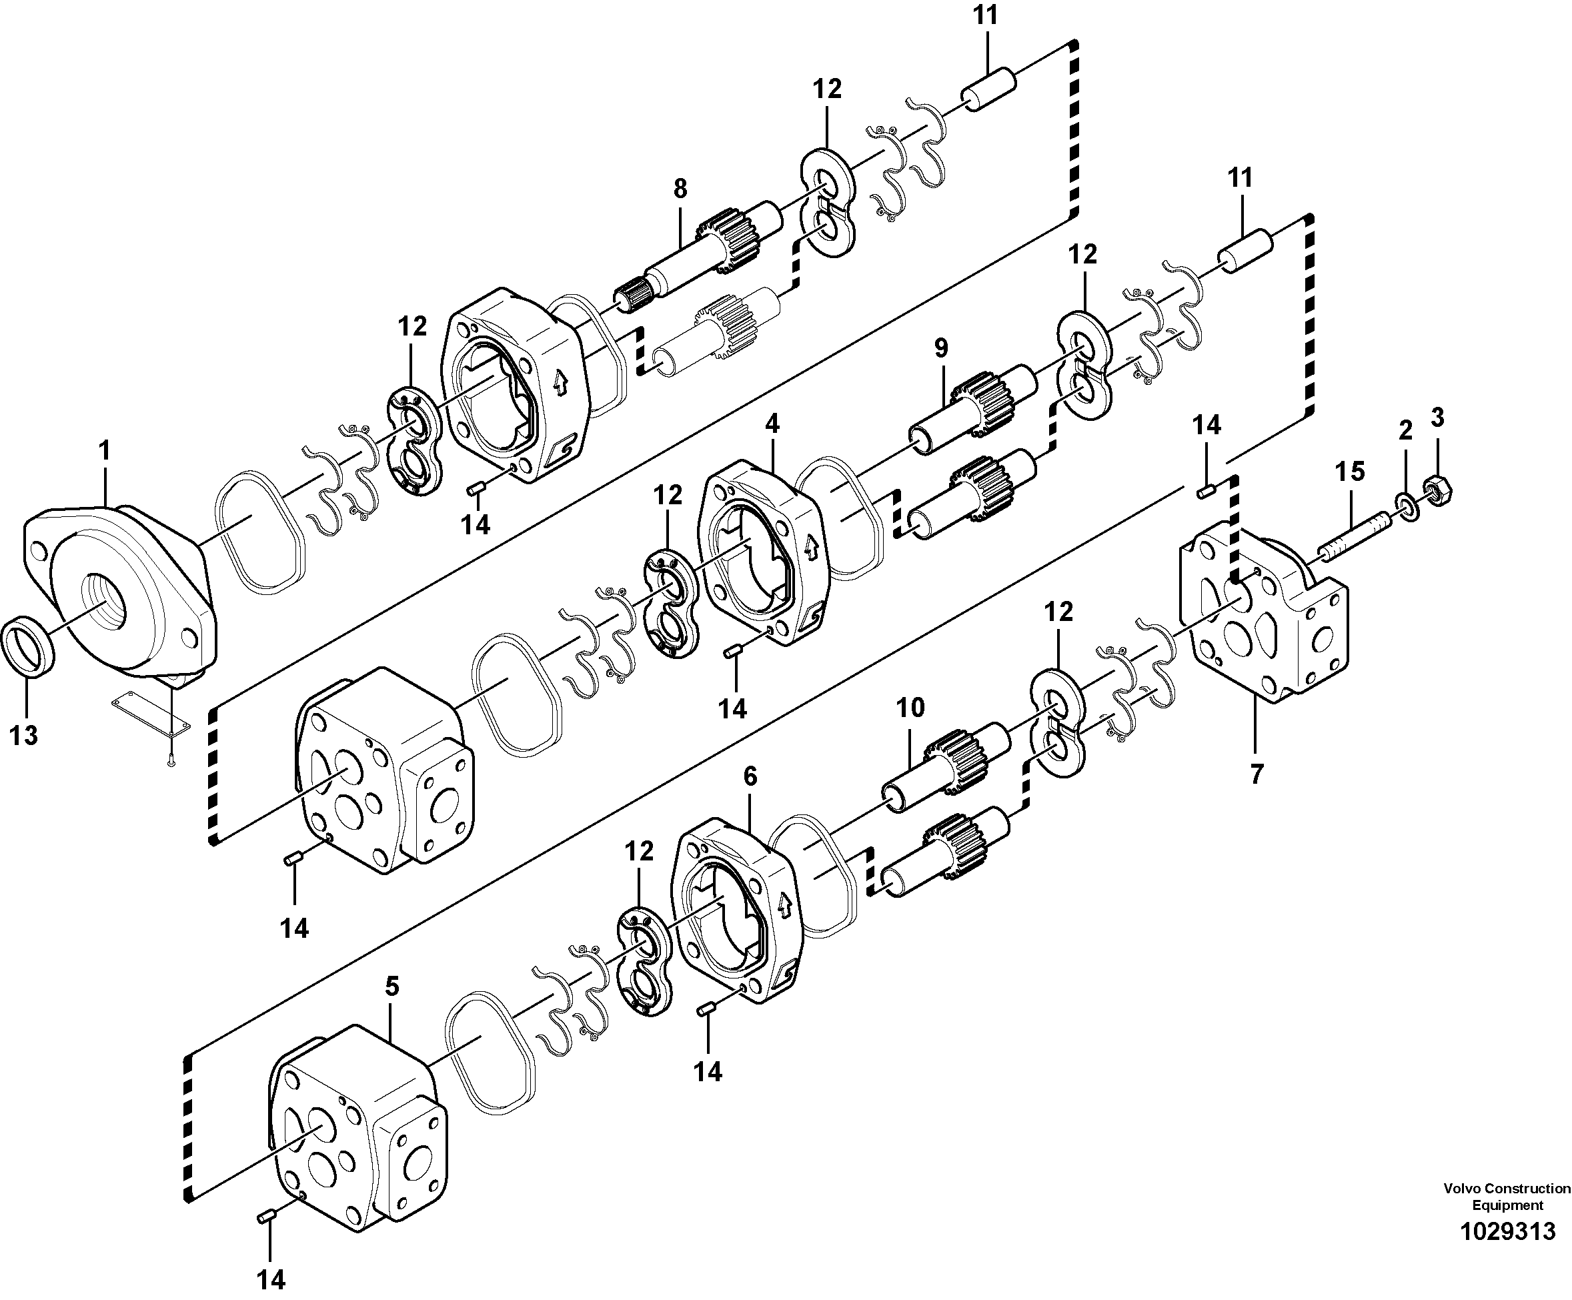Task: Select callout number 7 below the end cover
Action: pos(1256,773)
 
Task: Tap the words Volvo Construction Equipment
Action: pos(1507,1218)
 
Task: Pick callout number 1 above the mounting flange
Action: pos(104,451)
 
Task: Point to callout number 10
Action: pos(910,707)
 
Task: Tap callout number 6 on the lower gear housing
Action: pos(750,776)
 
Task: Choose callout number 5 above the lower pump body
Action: pos(392,987)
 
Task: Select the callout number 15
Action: pos(1350,471)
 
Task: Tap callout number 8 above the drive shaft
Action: pos(680,189)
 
